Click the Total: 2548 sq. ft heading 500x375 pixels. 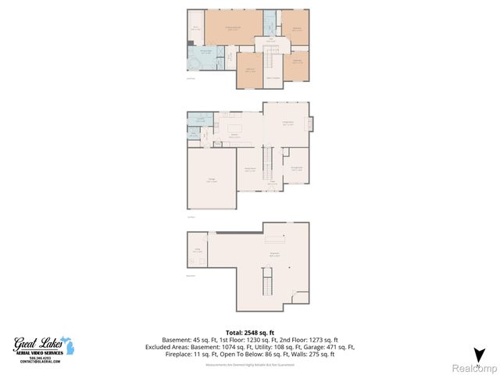[x=249, y=333]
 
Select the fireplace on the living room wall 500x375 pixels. [x=311, y=124]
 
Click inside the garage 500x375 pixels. [x=212, y=180]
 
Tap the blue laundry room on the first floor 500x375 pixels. [x=201, y=120]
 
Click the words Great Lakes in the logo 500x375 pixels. [x=37, y=342]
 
